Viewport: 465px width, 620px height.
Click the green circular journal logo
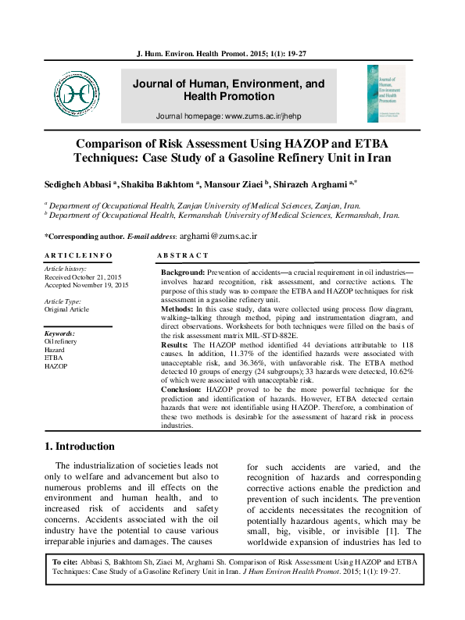[77, 91]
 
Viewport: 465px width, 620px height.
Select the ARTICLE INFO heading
[78, 255]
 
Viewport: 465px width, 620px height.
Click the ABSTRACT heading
[183, 255]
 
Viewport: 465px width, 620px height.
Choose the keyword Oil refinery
[60, 342]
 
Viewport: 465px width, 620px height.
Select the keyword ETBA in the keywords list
[54, 358]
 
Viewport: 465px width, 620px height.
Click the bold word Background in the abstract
[183, 270]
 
